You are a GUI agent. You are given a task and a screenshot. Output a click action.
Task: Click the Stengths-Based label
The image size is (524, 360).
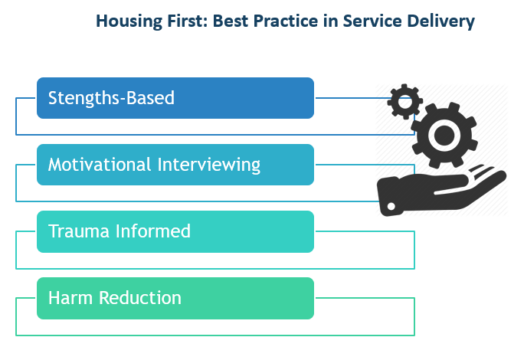click(111, 98)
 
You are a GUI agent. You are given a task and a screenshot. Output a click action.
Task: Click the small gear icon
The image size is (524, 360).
click(404, 100)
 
